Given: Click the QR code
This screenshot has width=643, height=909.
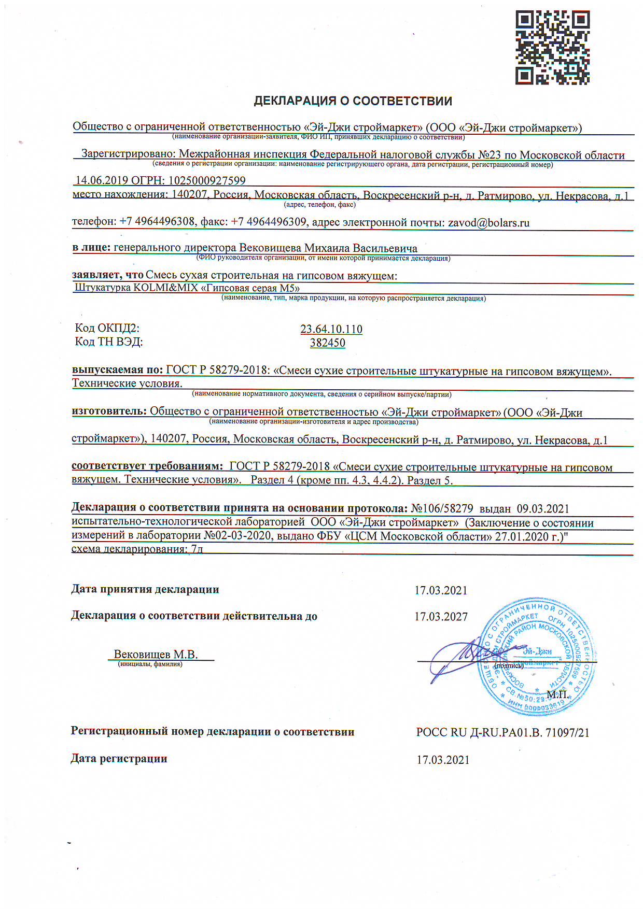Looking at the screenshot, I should [552, 47].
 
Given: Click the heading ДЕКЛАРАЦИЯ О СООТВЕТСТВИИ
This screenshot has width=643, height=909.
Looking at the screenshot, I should [353, 101].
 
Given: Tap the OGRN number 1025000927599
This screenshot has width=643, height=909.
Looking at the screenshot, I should [206, 180].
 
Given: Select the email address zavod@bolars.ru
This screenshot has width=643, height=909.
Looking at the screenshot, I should [488, 223].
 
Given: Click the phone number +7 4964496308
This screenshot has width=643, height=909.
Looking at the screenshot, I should [157, 222].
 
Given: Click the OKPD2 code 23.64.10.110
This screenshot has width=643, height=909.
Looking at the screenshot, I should [331, 329].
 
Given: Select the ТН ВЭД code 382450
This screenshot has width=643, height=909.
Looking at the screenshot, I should [327, 343].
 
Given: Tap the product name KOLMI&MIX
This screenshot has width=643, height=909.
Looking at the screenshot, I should [165, 288].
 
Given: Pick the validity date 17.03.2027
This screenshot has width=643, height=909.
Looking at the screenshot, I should [441, 617].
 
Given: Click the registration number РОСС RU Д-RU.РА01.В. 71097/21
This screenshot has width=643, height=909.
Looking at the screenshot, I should [502, 732].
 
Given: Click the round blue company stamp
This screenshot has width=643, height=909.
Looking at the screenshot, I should [537, 657].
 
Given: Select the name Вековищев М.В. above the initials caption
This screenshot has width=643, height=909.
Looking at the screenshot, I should [156, 655].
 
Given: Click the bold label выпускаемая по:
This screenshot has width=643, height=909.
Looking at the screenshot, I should [117, 370].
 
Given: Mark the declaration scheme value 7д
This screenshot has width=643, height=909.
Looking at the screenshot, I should [197, 549].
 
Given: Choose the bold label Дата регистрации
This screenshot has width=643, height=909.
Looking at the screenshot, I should [119, 759].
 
